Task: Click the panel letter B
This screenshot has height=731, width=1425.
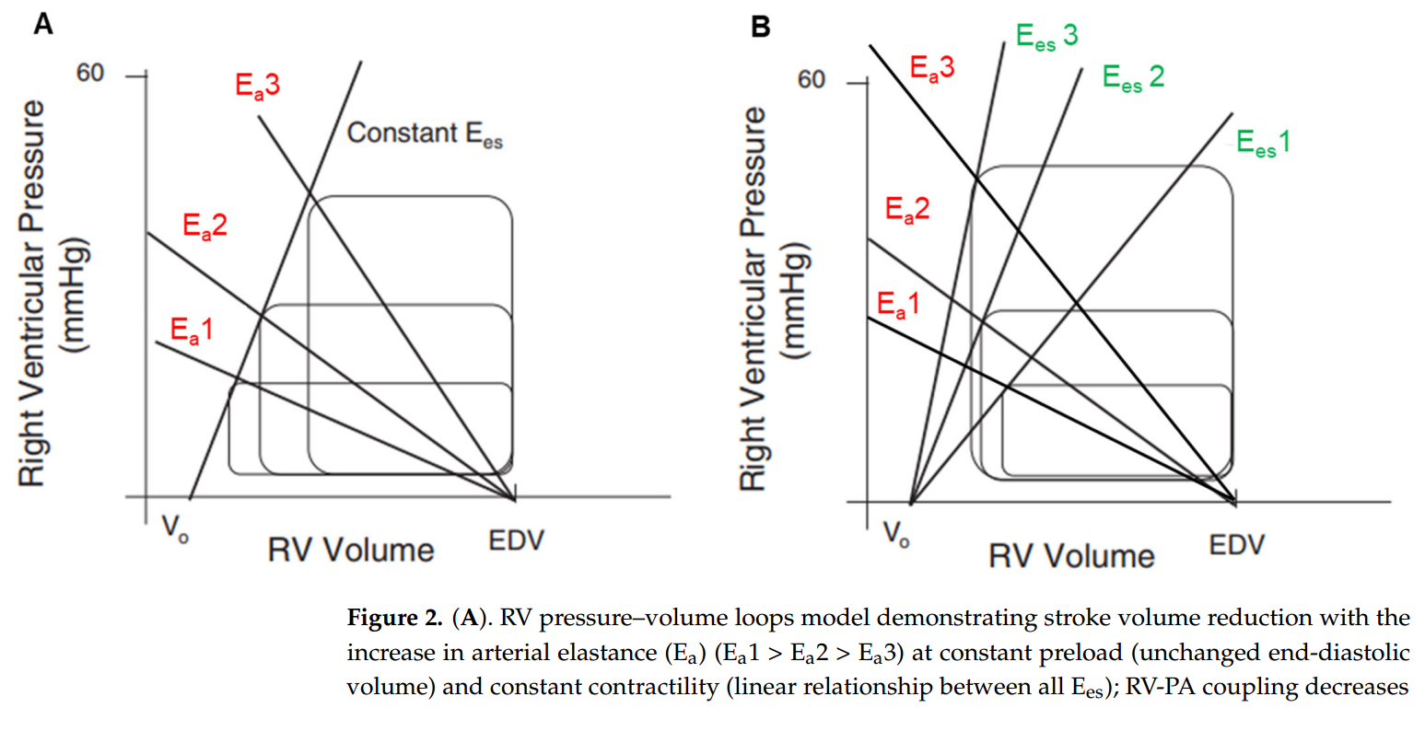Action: [x=760, y=27]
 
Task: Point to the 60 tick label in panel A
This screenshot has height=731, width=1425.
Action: [x=90, y=73]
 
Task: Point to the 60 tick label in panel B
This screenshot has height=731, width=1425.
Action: [x=812, y=80]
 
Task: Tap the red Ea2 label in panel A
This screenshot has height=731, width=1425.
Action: [x=204, y=226]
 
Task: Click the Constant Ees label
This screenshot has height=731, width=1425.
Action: [x=425, y=134]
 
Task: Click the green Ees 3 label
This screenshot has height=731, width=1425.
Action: [x=1046, y=37]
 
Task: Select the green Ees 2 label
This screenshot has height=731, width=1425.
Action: [x=1133, y=77]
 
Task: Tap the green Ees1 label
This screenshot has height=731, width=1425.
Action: [x=1263, y=143]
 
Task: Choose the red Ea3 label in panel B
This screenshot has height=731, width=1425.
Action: [x=932, y=68]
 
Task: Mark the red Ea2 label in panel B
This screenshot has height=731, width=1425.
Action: [x=907, y=210]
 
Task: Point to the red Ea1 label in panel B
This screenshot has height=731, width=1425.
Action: [x=898, y=305]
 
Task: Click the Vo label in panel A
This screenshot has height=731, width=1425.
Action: [x=175, y=528]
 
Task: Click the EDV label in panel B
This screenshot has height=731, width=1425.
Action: [x=1236, y=545]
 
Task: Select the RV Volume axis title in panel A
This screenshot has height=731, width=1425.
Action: [x=351, y=551]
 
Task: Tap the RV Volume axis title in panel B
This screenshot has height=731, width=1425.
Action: [x=1071, y=556]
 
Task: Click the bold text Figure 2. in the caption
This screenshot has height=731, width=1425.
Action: [x=394, y=618]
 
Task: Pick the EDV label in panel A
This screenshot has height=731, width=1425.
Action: [x=516, y=540]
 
